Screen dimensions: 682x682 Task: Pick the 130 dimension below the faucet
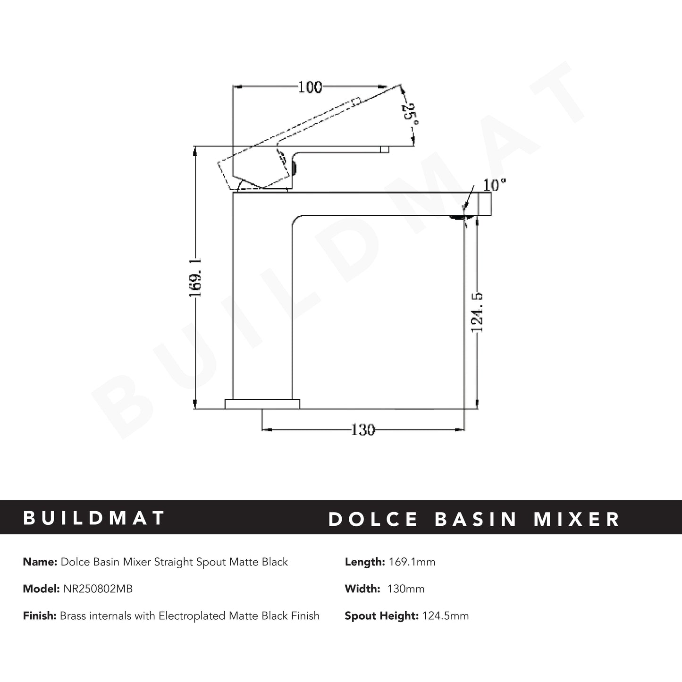coord(362,430)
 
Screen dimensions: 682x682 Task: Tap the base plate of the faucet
coord(262,404)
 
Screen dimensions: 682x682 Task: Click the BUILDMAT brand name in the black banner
coord(94,518)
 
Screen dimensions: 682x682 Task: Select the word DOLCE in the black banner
coord(373,519)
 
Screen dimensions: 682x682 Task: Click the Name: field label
coord(40,562)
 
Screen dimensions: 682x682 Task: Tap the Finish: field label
coord(40,616)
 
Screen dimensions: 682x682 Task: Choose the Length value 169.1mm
coord(412,562)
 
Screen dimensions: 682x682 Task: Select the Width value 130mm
coord(405,589)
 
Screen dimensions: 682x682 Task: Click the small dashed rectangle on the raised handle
coord(355,101)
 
